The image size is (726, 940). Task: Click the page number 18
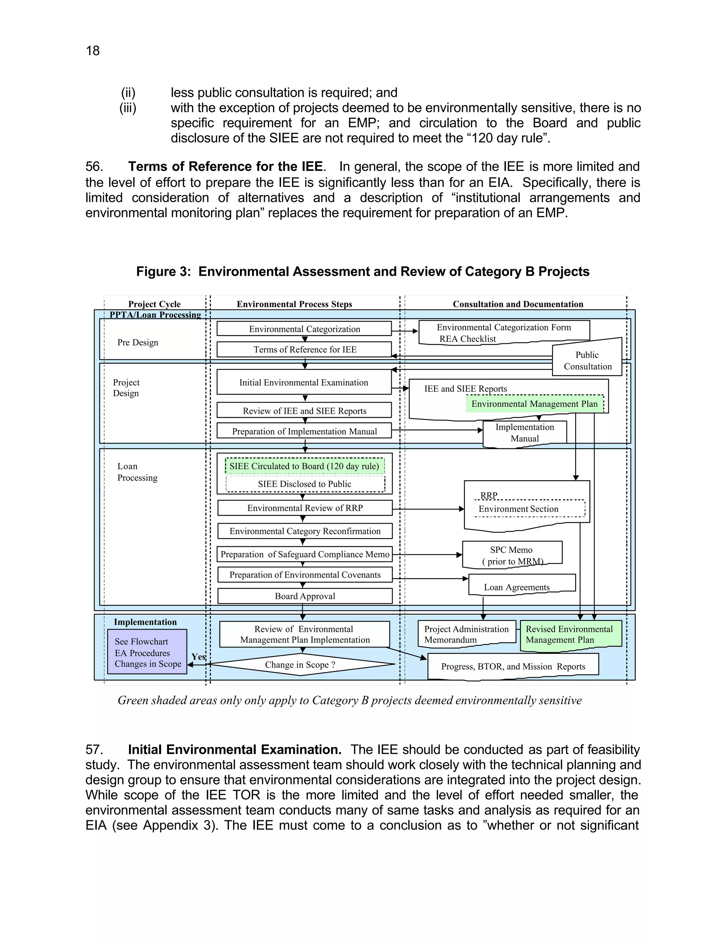coord(93,51)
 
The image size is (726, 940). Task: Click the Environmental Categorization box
coord(304,329)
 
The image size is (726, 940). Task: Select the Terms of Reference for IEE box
coord(304,349)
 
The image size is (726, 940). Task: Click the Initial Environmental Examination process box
coord(304,382)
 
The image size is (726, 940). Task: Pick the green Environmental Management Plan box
coord(534,404)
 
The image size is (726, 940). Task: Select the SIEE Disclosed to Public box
coord(305,484)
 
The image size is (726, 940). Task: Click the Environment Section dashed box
coord(529,509)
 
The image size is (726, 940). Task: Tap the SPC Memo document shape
coord(512,555)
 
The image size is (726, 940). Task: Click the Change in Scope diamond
coord(300,664)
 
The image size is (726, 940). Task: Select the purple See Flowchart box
coord(147,652)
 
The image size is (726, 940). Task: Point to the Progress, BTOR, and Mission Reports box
coord(513,666)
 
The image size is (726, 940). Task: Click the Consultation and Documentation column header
coord(518,304)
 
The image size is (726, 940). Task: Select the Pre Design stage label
coord(138,343)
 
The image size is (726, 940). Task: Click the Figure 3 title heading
coord(363,272)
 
